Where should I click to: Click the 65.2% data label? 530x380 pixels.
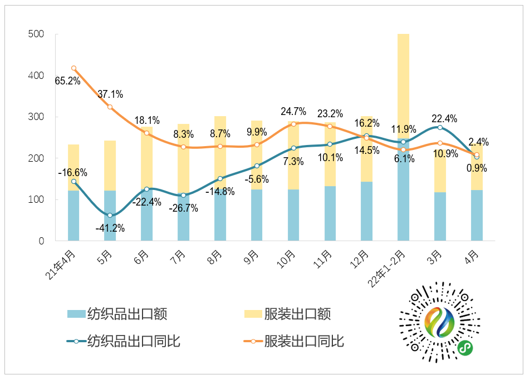point(67,81)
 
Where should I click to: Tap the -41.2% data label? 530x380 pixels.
point(111,228)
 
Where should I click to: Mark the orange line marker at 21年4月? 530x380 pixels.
point(73,68)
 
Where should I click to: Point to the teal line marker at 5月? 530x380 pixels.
point(110,215)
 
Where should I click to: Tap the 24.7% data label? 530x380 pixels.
point(293,112)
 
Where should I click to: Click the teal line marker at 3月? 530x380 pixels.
point(440,128)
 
